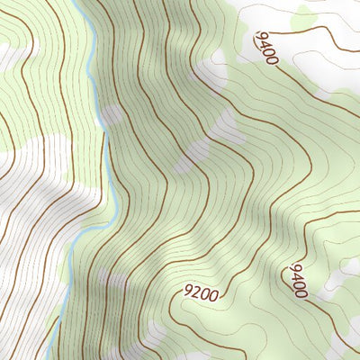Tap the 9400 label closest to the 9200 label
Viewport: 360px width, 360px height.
[x=298, y=281]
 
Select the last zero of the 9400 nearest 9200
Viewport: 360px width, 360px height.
[x=301, y=292]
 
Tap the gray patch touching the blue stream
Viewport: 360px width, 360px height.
[x=112, y=115]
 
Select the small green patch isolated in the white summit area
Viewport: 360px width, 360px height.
[x=306, y=15]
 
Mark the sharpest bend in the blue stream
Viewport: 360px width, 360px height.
[x=106, y=135]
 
